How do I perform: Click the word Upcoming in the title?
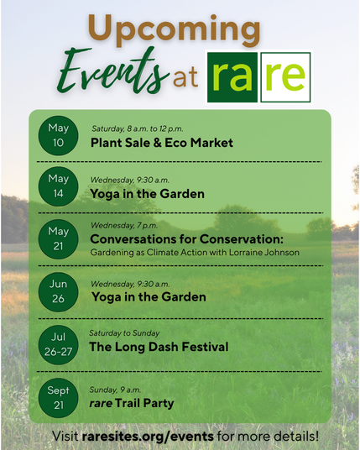pos(175,30)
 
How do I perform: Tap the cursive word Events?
pos(112,72)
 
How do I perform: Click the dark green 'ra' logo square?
pos(232,77)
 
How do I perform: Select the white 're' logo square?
pos(285,77)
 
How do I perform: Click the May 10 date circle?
pos(58,135)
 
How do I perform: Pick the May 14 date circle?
pos(58,186)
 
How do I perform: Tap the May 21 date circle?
pos(58,239)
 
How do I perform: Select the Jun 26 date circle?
pos(58,292)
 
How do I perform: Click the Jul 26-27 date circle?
pos(58,345)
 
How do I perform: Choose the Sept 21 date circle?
pos(58,398)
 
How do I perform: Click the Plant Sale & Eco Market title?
pos(162,143)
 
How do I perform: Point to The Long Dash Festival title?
pos(159,347)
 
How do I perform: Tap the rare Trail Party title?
pos(132,403)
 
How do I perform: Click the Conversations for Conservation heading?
pos(187,239)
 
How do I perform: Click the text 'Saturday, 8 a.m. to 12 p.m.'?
pos(138,128)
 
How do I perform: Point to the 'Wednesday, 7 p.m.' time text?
pos(124,226)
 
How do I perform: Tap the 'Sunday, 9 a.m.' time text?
pos(115,390)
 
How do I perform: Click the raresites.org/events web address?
pos(148,437)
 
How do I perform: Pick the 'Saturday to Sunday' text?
pos(124,333)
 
